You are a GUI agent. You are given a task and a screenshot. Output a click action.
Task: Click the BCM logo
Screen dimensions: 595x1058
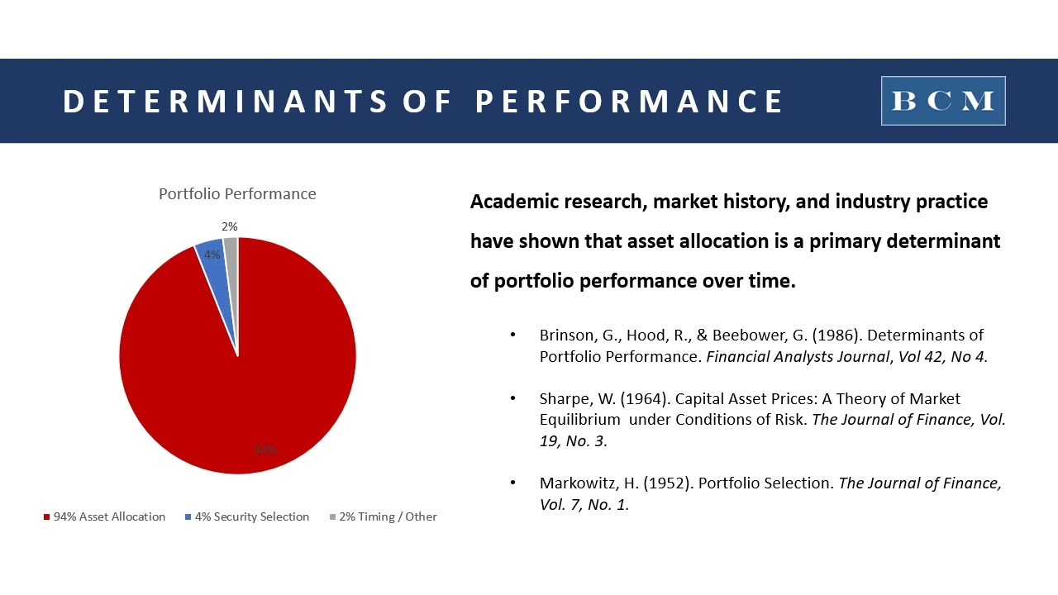tap(943, 101)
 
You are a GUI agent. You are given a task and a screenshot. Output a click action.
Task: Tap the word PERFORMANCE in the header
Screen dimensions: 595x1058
tap(629, 102)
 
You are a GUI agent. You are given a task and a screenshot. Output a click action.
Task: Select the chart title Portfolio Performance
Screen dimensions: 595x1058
tap(237, 193)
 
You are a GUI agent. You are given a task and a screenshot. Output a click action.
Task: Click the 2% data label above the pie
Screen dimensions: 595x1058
tap(229, 226)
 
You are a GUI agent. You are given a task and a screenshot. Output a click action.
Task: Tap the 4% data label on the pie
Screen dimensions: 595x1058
tap(212, 255)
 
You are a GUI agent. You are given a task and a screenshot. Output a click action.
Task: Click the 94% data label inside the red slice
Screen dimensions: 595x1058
tap(264, 450)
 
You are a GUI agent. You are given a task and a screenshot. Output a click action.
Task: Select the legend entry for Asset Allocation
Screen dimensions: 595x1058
tap(104, 516)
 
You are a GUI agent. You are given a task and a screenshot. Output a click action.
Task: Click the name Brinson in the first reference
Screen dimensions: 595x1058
tap(566, 335)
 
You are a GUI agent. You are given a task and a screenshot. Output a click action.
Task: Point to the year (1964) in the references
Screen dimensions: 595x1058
tap(641, 398)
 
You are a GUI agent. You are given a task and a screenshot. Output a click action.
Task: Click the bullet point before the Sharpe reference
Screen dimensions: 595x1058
tap(513, 398)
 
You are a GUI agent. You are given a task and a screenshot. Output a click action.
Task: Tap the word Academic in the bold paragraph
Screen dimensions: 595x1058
tap(513, 202)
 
